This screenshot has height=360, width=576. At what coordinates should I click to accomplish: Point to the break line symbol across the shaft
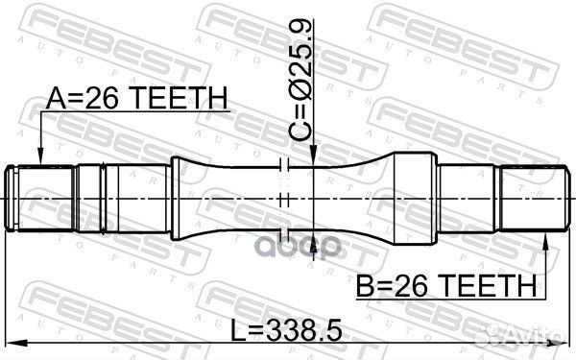pos(283,200)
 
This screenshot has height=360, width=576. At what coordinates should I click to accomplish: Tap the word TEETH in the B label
pos(492,285)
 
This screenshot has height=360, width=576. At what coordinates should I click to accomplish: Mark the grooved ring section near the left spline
pos(90,200)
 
